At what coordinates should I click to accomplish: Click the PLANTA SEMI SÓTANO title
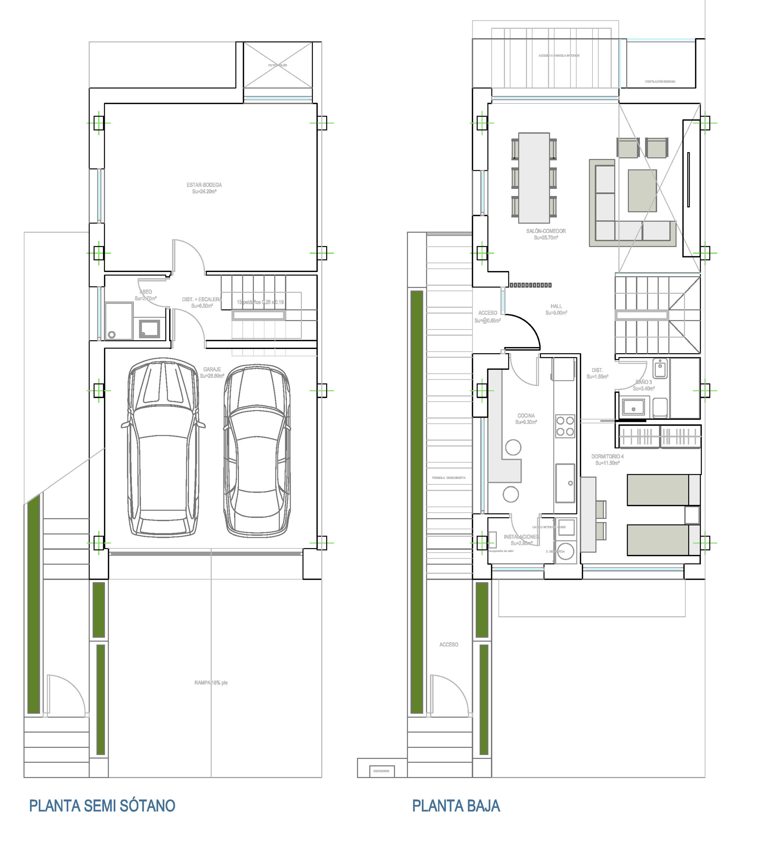click(x=102, y=806)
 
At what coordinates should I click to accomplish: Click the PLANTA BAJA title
click(x=456, y=806)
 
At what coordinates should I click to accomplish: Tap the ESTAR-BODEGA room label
click(x=204, y=188)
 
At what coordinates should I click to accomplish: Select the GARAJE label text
click(x=212, y=372)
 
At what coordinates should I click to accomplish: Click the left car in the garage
click(x=163, y=447)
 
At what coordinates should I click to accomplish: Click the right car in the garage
click(x=257, y=450)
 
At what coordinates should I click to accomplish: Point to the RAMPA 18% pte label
click(x=211, y=683)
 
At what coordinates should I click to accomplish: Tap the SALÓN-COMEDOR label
click(x=546, y=234)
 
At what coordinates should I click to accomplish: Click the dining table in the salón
click(x=534, y=178)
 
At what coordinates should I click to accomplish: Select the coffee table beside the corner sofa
click(x=642, y=190)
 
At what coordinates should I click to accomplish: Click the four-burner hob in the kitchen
click(x=565, y=426)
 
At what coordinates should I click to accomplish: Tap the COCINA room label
click(x=526, y=418)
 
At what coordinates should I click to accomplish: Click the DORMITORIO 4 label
click(x=607, y=459)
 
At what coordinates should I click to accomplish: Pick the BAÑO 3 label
click(x=644, y=385)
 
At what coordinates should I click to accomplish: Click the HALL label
click(x=556, y=309)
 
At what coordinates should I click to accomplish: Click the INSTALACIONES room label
click(x=521, y=539)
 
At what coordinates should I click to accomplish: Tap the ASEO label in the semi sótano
click(x=145, y=294)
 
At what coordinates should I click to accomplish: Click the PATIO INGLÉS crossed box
click(x=278, y=65)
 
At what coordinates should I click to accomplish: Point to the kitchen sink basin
click(x=565, y=483)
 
